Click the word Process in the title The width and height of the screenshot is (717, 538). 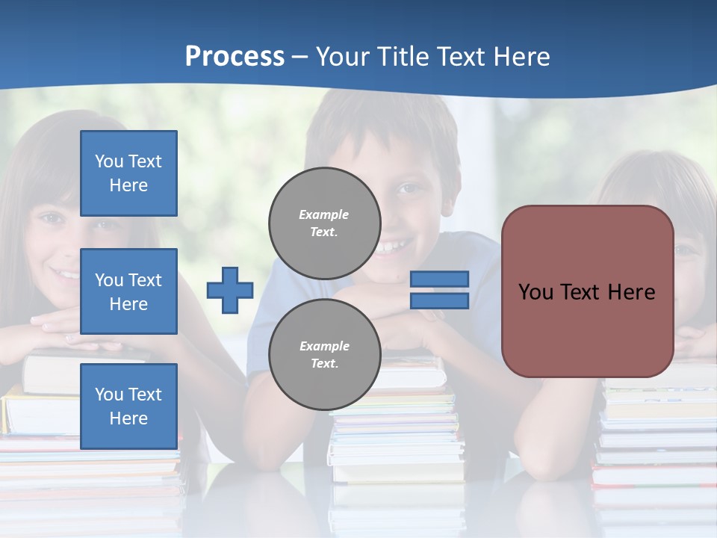(235, 56)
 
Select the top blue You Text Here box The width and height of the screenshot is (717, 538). (128, 173)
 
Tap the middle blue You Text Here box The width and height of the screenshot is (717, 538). (128, 291)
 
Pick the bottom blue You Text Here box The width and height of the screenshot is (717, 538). (128, 406)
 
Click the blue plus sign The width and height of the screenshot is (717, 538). (230, 290)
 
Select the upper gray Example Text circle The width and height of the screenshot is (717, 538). (324, 223)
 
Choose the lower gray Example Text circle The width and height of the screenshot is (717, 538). (324, 355)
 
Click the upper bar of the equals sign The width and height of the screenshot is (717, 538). (439, 279)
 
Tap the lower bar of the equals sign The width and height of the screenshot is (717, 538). (439, 301)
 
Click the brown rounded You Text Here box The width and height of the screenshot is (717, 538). (587, 291)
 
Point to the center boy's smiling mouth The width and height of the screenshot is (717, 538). (394, 246)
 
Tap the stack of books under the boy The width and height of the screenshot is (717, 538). (396, 433)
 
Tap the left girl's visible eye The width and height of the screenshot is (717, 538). (51, 218)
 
